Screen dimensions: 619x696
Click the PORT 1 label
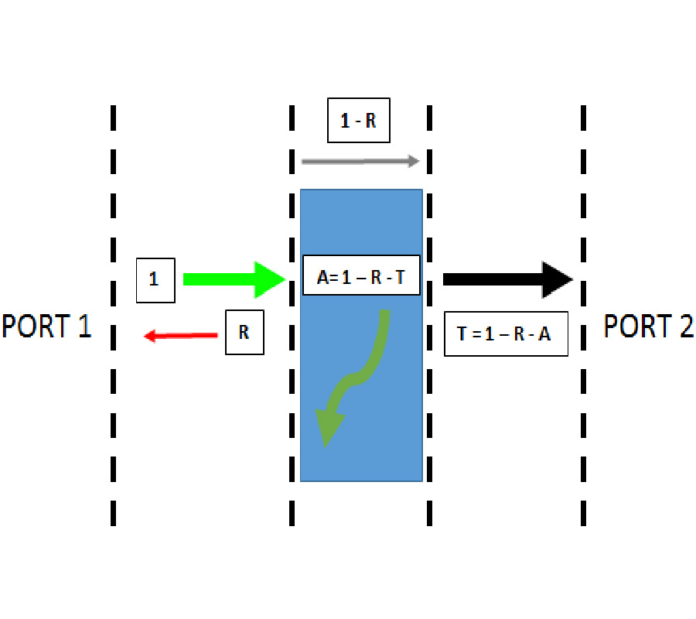click(46, 326)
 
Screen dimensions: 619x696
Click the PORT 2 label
click(648, 326)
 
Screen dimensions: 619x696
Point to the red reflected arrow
click(181, 335)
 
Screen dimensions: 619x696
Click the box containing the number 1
click(154, 279)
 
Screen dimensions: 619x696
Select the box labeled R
click(244, 333)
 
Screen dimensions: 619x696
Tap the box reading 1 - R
click(358, 121)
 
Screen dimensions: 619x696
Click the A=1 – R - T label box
click(361, 276)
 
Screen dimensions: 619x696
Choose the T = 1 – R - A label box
click(506, 334)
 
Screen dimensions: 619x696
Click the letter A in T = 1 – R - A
click(546, 335)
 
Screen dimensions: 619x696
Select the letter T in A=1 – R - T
click(399, 277)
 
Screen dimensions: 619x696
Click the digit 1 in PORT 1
click(83, 326)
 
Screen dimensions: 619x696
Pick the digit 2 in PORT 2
click(684, 326)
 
